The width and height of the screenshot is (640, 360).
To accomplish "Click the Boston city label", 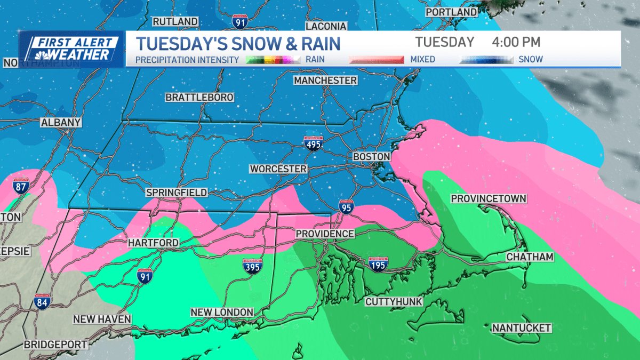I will tap(372, 157).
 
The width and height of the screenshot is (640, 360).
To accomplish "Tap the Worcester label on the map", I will tap(278, 169).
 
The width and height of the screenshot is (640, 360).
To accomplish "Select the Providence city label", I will tap(325, 234).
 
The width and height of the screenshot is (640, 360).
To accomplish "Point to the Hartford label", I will tap(153, 243).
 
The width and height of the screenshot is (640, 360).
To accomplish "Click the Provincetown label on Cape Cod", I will tap(489, 199).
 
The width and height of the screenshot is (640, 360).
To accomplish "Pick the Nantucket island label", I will tap(521, 327).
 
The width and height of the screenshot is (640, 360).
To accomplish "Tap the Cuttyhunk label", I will tap(394, 302).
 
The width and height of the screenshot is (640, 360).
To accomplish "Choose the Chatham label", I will tap(530, 257).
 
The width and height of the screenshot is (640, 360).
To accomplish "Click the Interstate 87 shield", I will tap(21, 187).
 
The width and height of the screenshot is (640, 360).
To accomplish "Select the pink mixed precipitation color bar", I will tap(376, 60).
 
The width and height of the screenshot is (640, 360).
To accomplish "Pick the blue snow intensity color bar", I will tap(486, 60).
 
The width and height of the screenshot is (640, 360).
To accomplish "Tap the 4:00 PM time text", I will tap(516, 42).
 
